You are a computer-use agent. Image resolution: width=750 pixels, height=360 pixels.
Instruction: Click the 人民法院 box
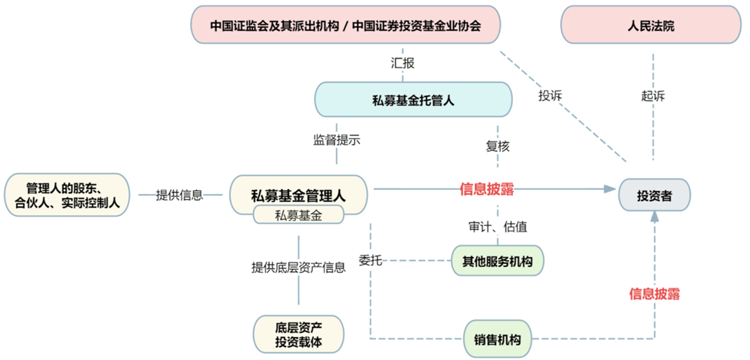tap(651, 25)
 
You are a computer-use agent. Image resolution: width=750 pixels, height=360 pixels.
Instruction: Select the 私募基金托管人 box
tap(414, 100)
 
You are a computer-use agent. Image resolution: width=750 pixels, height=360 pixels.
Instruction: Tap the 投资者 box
tap(655, 195)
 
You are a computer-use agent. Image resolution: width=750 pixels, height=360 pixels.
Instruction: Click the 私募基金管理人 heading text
tap(298, 193)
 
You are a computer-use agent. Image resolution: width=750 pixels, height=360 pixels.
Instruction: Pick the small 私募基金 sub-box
tap(298, 215)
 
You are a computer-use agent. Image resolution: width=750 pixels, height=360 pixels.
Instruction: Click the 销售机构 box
tap(497, 339)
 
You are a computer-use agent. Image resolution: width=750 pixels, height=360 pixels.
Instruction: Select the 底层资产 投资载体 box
tap(298, 333)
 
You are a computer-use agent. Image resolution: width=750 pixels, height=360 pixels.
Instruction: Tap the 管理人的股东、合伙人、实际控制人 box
tap(67, 195)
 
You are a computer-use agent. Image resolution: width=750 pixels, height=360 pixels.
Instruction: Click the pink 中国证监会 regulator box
tap(345, 25)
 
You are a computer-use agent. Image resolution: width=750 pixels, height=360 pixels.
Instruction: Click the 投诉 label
tap(550, 96)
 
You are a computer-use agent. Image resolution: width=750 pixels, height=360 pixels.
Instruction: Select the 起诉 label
tap(652, 96)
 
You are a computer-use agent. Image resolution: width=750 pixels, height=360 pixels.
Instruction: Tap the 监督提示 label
tap(336, 140)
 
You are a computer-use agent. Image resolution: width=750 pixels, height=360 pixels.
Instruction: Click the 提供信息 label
tap(179, 195)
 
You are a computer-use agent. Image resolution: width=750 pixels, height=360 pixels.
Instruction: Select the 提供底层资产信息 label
tap(298, 268)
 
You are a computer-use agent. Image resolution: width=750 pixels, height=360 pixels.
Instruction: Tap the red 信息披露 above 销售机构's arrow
tap(655, 293)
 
